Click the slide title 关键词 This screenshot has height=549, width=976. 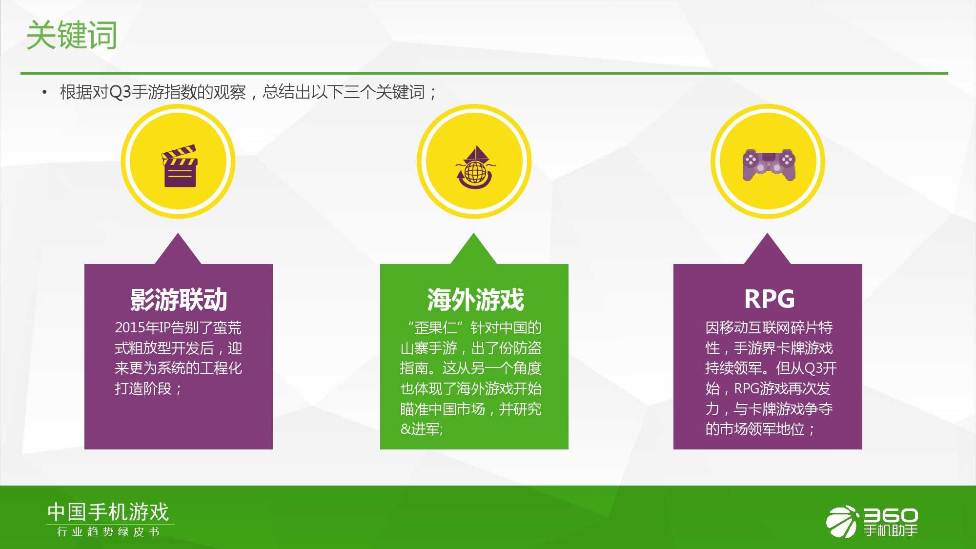click(72, 35)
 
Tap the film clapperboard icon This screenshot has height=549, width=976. click(179, 166)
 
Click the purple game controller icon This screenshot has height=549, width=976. click(769, 165)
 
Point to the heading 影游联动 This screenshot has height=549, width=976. click(179, 299)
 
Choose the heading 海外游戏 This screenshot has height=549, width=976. click(475, 299)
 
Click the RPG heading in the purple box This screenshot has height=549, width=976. click(769, 299)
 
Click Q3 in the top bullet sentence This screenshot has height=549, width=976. click(121, 92)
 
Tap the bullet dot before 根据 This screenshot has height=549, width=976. click(44, 92)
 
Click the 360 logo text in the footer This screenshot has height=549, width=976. click(891, 515)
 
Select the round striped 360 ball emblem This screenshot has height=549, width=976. click(842, 522)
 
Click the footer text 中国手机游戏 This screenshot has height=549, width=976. click(108, 512)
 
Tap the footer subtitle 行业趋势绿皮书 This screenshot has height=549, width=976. click(108, 531)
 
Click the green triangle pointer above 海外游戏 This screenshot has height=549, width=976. click(473, 249)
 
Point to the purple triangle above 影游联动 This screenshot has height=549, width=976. click(178, 249)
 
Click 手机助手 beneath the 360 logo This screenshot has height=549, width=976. click(891, 530)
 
